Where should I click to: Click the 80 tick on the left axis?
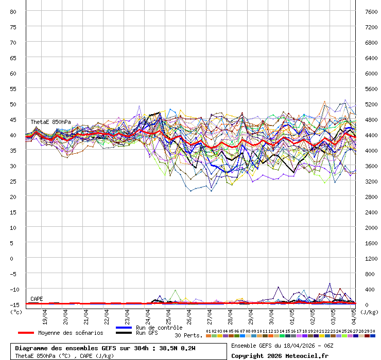click(13, 11)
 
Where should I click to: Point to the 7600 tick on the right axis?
click(372, 11)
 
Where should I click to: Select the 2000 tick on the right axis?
click(372, 227)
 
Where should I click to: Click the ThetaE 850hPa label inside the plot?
click(50, 122)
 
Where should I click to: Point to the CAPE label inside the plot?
click(37, 299)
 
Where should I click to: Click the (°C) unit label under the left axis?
click(16, 312)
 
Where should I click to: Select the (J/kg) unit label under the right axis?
click(369, 312)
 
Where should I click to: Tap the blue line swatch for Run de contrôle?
click(124, 328)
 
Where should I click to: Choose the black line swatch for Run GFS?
click(124, 333)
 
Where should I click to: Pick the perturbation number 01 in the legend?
click(208, 331)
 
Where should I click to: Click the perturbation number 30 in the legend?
click(372, 331)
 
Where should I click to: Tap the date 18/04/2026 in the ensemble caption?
click(298, 346)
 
